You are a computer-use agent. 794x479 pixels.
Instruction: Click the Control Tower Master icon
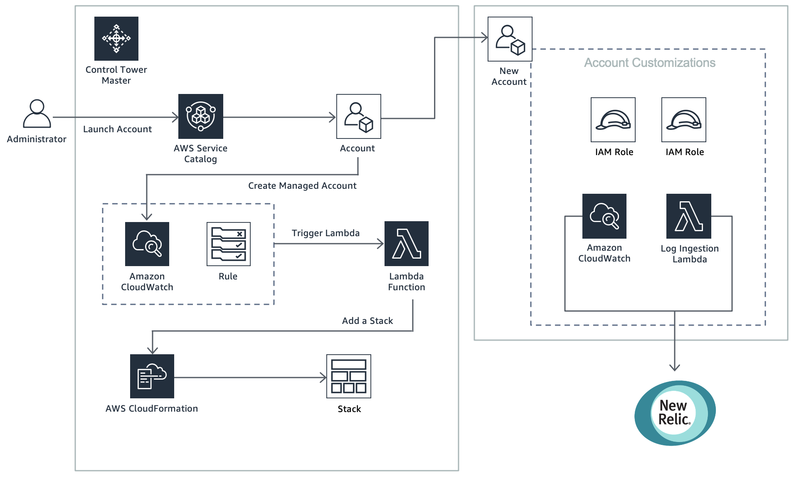(x=116, y=39)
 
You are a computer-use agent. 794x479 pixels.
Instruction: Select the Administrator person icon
(x=37, y=114)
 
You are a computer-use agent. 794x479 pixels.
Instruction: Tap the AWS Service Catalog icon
(x=200, y=116)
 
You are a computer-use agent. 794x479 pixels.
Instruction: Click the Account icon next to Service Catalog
(x=358, y=116)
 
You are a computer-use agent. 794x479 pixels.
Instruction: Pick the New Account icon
(x=510, y=39)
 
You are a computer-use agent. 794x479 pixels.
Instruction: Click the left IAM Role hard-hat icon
(x=613, y=120)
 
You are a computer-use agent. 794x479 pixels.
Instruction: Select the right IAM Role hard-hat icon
(x=683, y=120)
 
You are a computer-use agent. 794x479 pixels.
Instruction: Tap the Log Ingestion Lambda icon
(x=688, y=216)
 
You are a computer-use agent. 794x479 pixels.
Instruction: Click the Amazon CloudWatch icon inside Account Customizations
(x=604, y=216)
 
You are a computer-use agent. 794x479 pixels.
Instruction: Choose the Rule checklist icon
(x=228, y=244)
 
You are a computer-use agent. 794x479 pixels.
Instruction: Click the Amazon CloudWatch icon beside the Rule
(x=147, y=244)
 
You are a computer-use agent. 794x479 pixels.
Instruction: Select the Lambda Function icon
(x=406, y=244)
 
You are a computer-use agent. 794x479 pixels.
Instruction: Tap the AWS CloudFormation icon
(x=152, y=376)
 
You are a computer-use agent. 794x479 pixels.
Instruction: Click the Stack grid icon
(x=348, y=376)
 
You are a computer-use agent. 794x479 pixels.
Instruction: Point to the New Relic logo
(x=675, y=413)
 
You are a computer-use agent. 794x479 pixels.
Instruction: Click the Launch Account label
(x=117, y=129)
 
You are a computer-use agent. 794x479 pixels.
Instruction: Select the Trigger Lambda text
(x=325, y=233)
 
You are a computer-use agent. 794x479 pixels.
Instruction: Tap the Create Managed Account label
(x=302, y=186)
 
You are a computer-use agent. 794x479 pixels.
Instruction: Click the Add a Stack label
(x=367, y=321)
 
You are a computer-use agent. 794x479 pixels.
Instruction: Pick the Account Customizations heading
(x=649, y=63)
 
